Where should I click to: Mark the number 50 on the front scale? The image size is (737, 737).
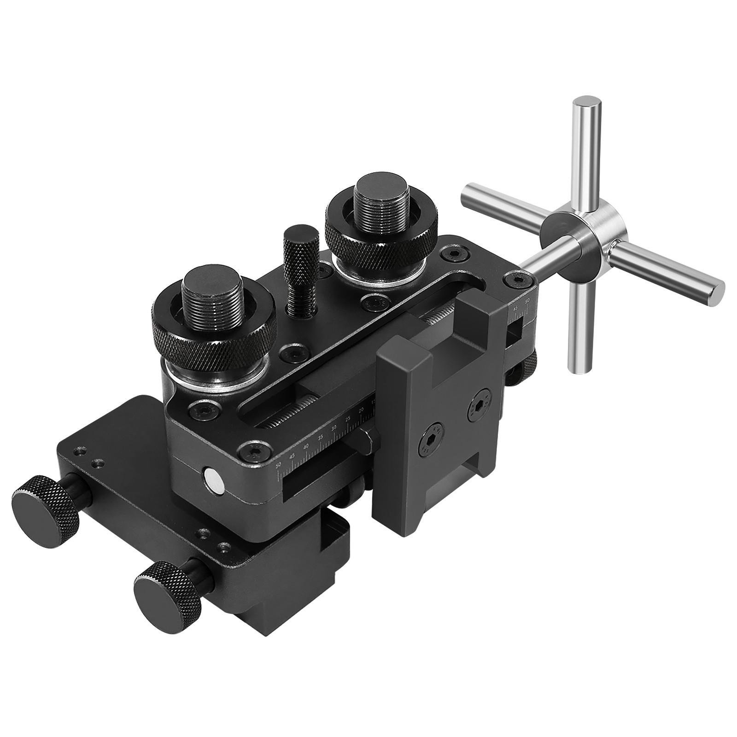point(278,465)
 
